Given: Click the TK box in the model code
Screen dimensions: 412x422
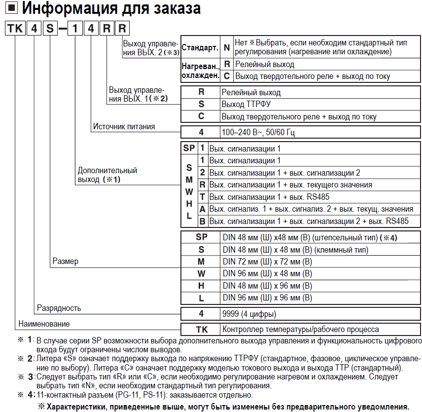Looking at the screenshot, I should [16, 29].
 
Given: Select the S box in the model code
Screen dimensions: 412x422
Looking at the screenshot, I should [50, 29].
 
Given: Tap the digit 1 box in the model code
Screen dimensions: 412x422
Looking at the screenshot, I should [75, 29].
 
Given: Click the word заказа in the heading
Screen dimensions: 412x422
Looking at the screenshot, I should [166, 9].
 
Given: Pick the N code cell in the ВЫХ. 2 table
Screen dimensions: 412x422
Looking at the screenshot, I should [227, 47].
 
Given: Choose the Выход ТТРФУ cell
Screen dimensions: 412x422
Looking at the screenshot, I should [246, 104].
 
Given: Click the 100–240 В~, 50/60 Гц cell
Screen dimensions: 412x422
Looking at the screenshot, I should [258, 132].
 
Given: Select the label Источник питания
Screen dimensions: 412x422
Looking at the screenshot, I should [124, 127].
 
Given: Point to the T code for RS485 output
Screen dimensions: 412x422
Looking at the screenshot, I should [202, 197].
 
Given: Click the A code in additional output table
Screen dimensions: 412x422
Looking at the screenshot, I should [202, 209].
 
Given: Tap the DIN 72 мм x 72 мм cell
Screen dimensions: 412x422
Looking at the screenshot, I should [267, 261].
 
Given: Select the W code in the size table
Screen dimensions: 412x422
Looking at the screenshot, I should [201, 273].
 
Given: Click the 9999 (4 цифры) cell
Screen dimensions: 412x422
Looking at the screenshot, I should [249, 314].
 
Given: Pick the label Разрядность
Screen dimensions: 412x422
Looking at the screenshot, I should [59, 308].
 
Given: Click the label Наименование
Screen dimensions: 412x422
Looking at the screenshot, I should [44, 324].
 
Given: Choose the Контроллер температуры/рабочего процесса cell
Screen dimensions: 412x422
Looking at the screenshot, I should [301, 330].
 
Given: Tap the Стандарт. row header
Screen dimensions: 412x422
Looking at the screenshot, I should [200, 48].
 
